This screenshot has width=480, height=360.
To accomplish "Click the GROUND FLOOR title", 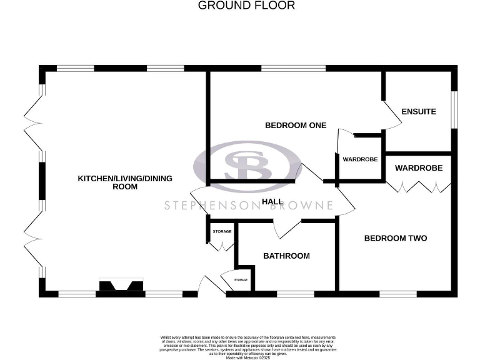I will (246, 6).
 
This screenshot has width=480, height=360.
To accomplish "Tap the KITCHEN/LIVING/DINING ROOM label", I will (124, 182).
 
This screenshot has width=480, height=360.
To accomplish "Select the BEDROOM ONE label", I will (296, 125).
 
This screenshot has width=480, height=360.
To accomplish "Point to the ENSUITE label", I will (418, 112).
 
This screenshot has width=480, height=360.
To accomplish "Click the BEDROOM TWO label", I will (396, 238).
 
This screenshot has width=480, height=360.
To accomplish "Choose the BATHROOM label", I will (286, 256).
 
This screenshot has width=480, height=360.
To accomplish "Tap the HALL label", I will (272, 202).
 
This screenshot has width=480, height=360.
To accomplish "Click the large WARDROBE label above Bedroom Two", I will (418, 168).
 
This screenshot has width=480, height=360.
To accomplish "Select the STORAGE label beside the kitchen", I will (222, 232).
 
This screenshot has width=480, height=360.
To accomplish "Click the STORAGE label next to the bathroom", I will (241, 279).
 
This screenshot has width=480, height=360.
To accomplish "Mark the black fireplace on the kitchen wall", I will (120, 286).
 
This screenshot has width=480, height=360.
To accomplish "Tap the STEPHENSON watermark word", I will (207, 205).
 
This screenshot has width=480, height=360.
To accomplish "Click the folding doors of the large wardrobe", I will (418, 185).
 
